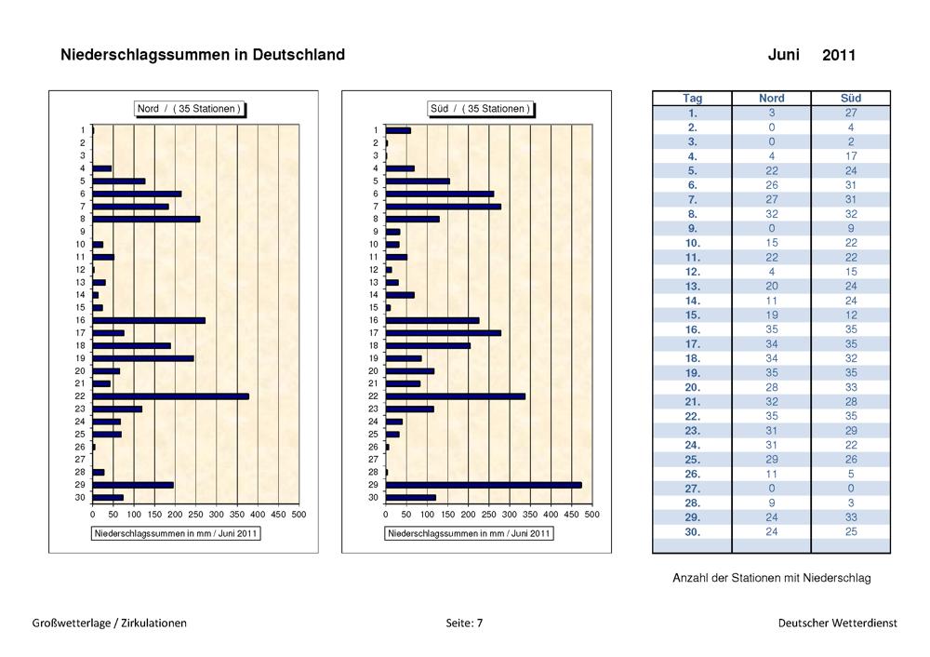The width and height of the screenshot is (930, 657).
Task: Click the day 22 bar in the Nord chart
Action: point(171,396)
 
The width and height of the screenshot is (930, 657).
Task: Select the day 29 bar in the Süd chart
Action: point(484,485)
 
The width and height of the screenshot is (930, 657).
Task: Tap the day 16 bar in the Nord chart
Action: point(149,320)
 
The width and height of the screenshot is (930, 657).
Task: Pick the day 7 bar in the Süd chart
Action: point(444,206)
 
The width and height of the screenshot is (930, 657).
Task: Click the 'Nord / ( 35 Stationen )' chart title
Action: point(189,109)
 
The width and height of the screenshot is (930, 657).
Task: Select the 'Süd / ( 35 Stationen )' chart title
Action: point(481,109)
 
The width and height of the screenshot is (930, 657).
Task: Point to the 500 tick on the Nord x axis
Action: point(299,514)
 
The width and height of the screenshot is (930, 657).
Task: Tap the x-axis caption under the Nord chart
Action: point(176,533)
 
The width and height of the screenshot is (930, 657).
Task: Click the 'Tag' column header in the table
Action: point(692,98)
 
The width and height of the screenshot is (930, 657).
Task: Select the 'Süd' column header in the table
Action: point(851,98)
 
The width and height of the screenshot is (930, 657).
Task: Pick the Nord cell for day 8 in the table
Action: point(772,213)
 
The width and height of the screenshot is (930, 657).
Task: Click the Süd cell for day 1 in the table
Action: point(851,113)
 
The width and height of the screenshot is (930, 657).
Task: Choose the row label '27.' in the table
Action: point(692,488)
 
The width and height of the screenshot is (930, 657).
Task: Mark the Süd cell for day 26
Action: point(851,474)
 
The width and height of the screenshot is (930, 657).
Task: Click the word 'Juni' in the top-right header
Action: point(784,55)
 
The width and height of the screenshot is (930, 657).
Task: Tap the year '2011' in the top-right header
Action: point(839,56)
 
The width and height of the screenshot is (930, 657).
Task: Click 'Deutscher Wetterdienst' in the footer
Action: point(838,623)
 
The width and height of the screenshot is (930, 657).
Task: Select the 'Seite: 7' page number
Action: point(464,623)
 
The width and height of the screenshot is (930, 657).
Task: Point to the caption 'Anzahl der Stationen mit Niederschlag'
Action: point(771,578)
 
